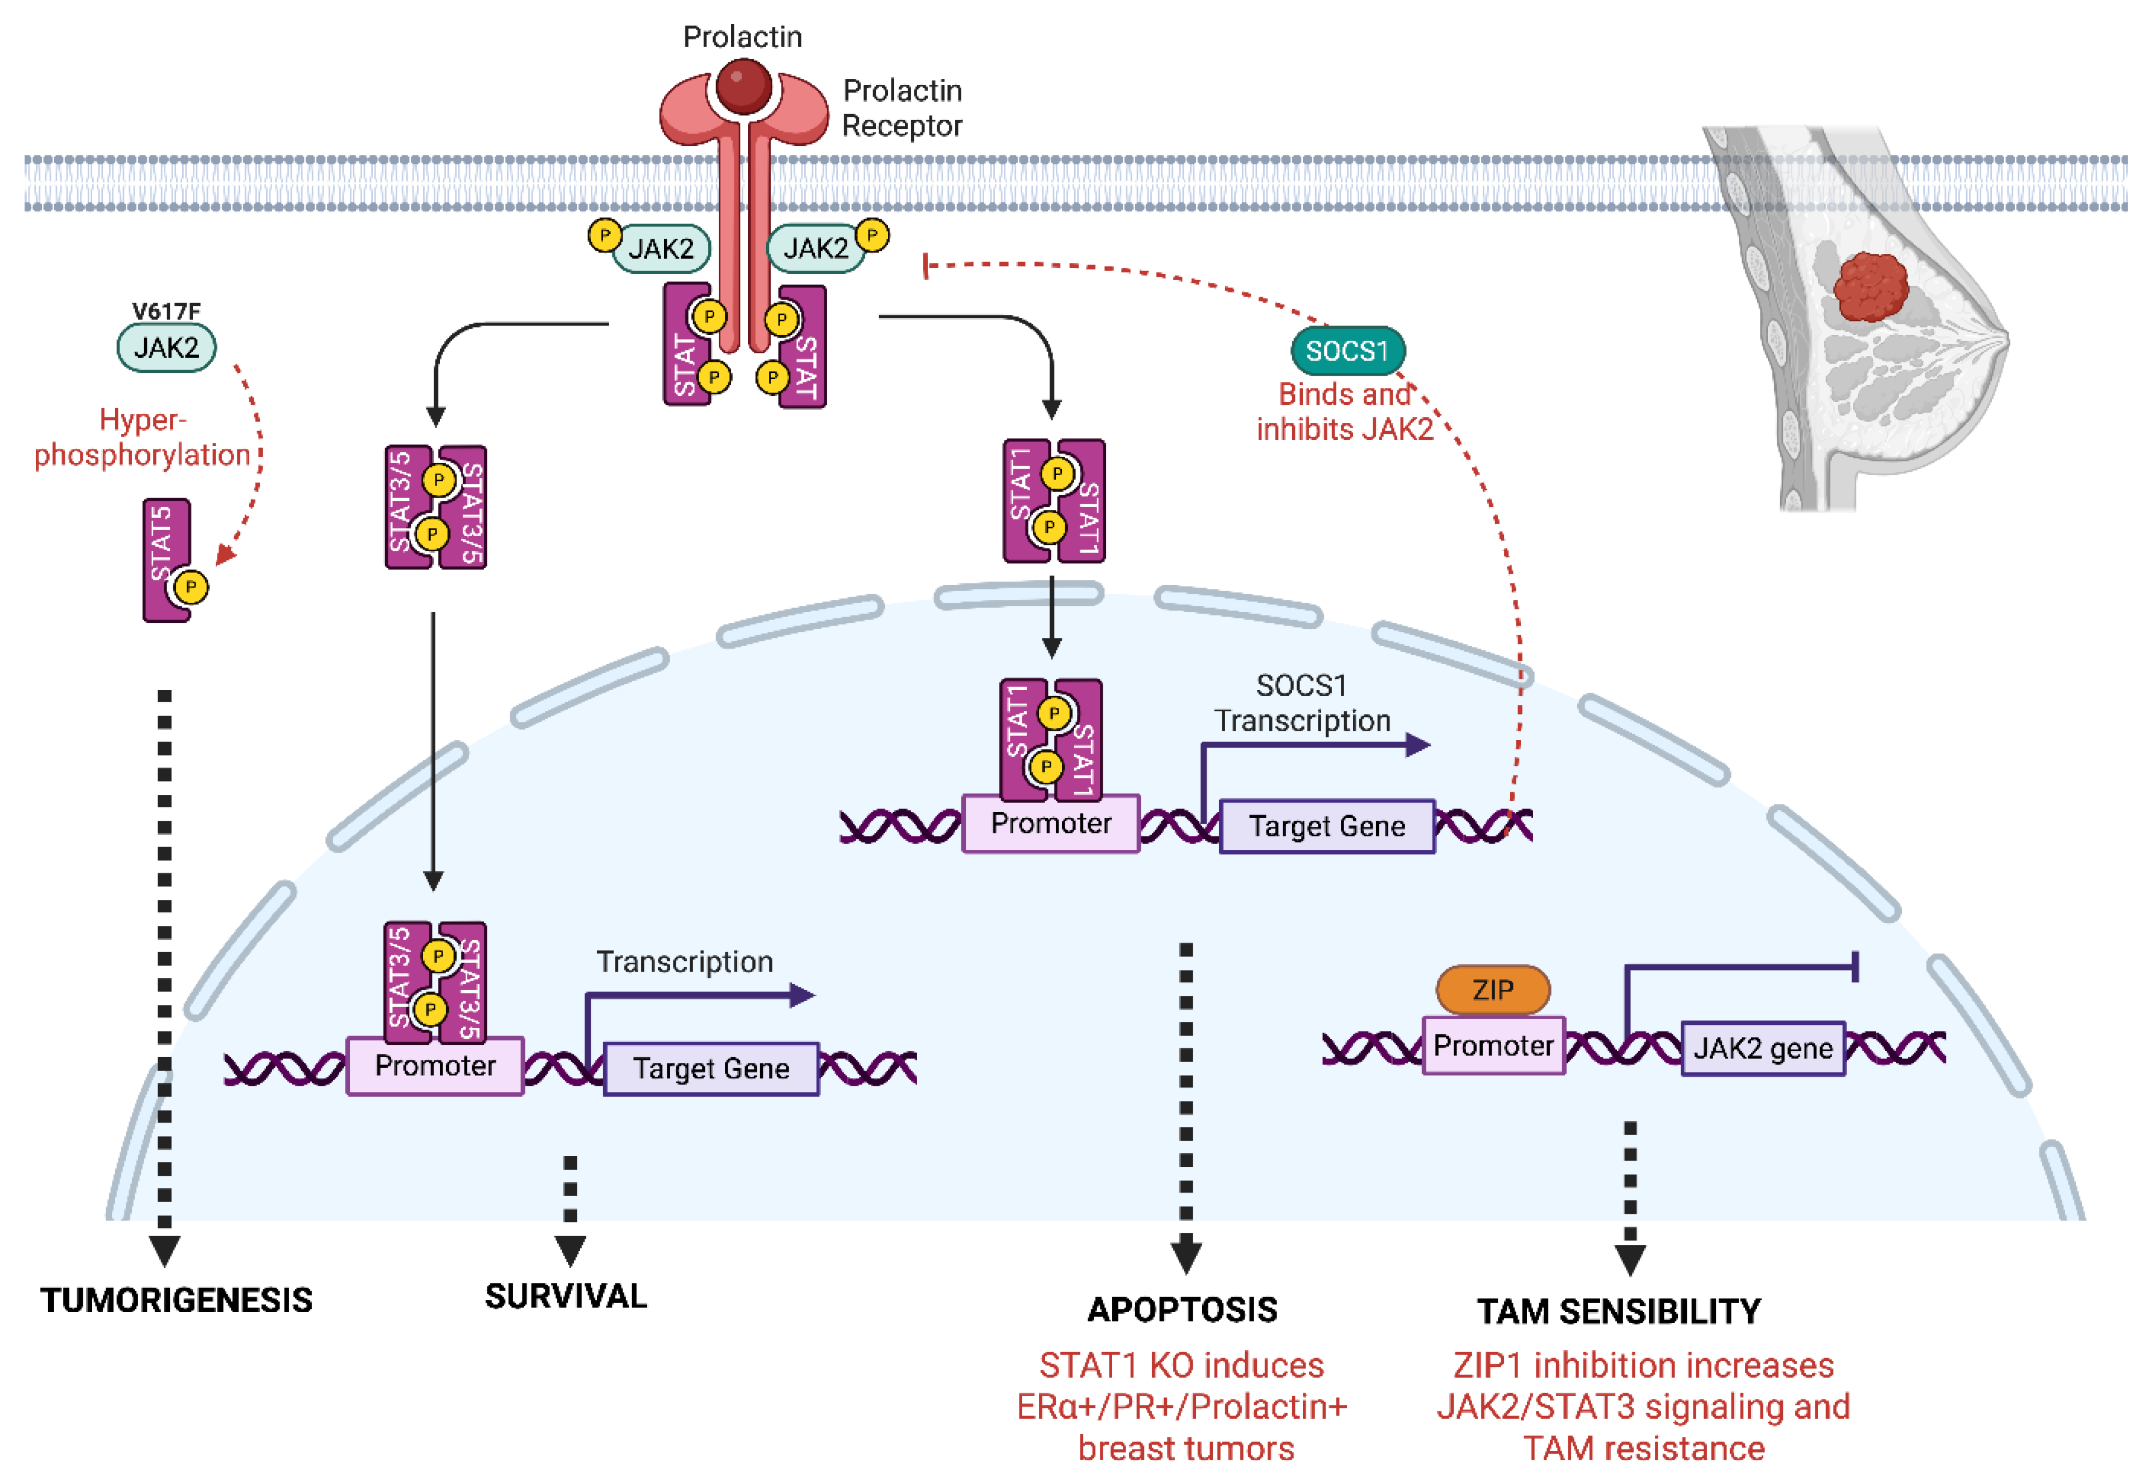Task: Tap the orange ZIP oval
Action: [x=1493, y=990]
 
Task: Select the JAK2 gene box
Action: [x=1763, y=1049]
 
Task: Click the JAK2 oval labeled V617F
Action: [x=166, y=348]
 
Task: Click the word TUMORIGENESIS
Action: [x=176, y=1300]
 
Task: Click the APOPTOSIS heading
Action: [x=1183, y=1309]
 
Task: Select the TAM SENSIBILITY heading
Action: [x=1619, y=1311]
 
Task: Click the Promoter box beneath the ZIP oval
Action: [x=1493, y=1046]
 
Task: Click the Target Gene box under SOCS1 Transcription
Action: [x=1326, y=826]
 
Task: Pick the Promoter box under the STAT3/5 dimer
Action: [x=435, y=1065]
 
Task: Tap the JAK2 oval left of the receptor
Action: [x=661, y=249]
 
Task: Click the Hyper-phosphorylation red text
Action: [x=143, y=437]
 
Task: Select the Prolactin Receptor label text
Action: [x=902, y=108]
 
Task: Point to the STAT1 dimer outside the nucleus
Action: [x=1054, y=501]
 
